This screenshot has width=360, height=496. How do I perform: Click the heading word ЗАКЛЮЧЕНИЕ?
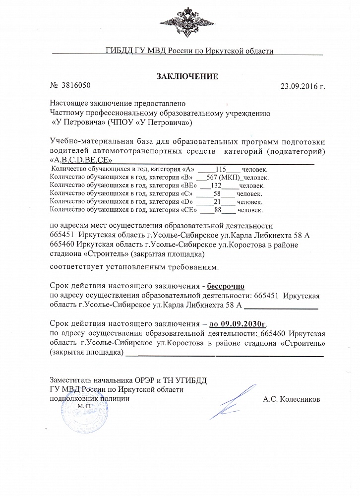(x=187, y=76)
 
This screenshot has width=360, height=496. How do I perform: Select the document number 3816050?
(x=76, y=85)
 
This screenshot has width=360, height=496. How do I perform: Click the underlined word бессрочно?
(x=226, y=286)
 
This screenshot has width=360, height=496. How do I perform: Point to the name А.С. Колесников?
(x=292, y=398)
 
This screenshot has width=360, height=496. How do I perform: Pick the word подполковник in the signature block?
(x=71, y=398)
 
